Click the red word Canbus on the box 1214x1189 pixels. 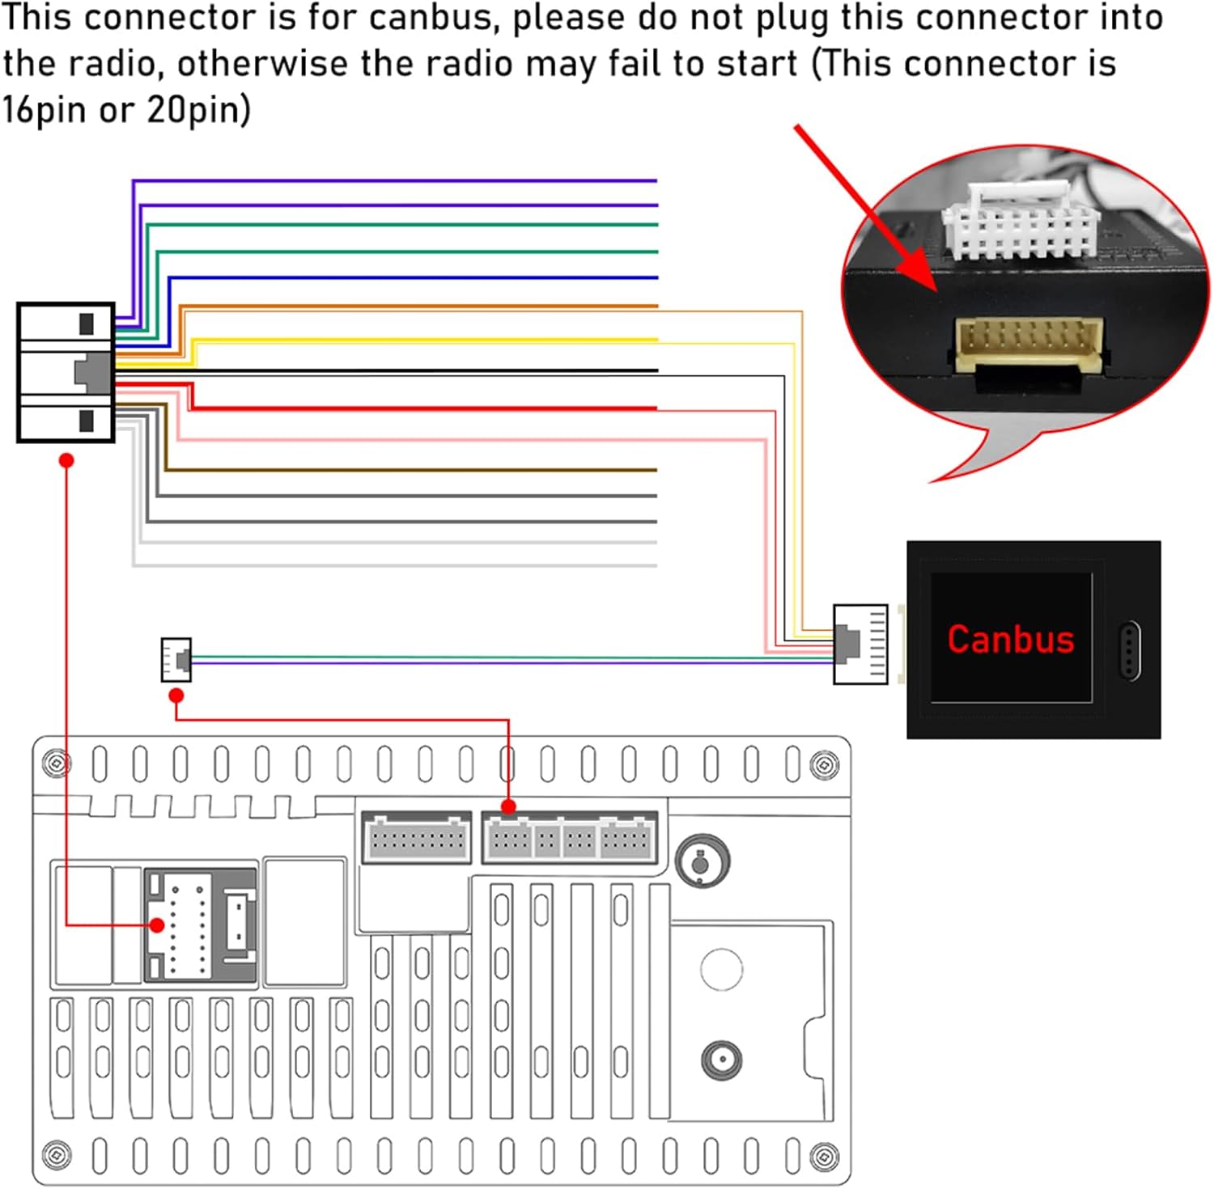point(1010,639)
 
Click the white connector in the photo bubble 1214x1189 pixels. point(1020,222)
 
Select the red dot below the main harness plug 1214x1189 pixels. point(67,460)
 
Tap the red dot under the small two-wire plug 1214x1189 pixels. point(176,696)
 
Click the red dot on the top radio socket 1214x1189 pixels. point(508,806)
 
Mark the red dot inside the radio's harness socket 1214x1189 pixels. point(157,925)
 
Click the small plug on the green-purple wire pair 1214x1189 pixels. point(176,659)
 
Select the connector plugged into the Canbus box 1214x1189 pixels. point(860,644)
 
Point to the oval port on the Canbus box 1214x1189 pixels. point(1129,650)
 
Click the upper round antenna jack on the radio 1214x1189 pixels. point(702,861)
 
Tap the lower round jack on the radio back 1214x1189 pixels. point(721,1060)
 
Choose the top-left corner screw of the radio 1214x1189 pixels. point(56,763)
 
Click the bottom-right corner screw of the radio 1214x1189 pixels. point(824,1155)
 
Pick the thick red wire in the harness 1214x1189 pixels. point(421,408)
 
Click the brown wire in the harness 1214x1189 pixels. point(405,470)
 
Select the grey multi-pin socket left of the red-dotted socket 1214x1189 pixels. point(416,839)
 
